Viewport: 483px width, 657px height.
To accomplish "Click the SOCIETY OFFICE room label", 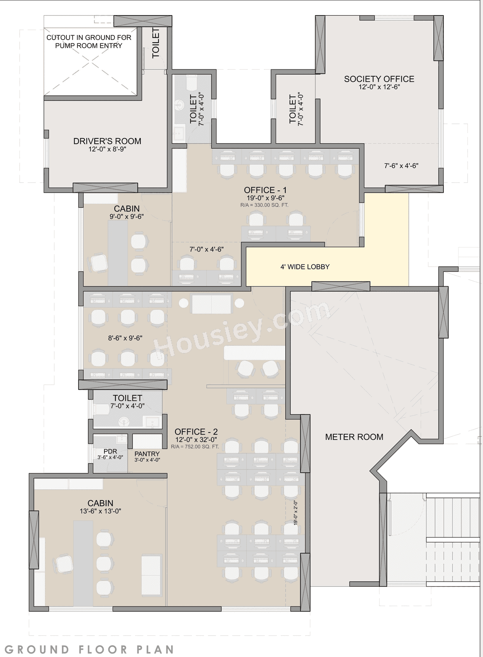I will coord(379,79).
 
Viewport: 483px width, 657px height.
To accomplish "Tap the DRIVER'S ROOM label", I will coord(107,141).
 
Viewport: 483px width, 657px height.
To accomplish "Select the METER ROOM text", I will coord(354,437).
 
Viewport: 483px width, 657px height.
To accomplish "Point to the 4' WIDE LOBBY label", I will coord(305,267).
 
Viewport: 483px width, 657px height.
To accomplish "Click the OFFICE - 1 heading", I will coord(265,190).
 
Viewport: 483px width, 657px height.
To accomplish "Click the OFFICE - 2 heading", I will coord(196,432).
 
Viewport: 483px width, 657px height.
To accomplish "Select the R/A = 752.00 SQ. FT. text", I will coord(195,447).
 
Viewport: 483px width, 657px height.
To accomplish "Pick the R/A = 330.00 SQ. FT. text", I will coord(264,206).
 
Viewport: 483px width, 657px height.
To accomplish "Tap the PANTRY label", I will coord(147,454).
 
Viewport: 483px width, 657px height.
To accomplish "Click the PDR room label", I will coord(110,451).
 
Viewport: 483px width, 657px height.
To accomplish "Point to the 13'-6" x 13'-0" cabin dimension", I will coord(100,511).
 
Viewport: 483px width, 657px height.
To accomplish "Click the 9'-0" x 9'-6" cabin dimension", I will coord(127,217).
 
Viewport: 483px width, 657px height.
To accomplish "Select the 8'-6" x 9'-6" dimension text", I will coord(125,338).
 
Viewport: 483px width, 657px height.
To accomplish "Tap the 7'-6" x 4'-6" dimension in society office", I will coord(401,166).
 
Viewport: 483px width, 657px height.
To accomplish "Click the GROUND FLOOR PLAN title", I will coord(89,649).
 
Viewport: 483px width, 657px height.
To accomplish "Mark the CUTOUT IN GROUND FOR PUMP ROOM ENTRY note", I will coord(89,42).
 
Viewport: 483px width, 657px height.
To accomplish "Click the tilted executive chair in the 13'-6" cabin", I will coord(65,564).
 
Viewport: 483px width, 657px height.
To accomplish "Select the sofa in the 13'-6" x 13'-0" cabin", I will coord(151,575).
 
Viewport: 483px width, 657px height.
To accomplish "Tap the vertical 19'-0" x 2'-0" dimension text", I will coord(295,513).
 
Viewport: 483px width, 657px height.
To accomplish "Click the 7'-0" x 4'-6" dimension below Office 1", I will coord(206,250).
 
